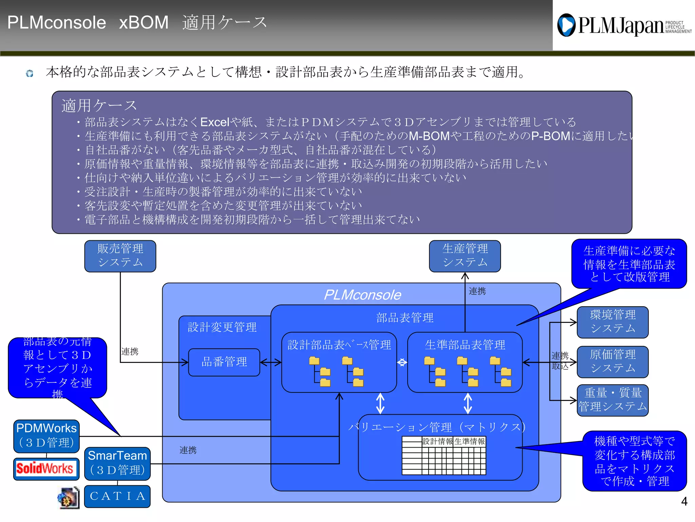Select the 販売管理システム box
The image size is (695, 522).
[x=120, y=256]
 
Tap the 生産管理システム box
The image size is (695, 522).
[x=465, y=256]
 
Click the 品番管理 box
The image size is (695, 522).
[x=224, y=362]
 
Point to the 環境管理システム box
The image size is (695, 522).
[x=613, y=322]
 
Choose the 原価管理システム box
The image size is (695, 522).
[x=613, y=362]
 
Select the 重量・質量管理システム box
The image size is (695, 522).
[x=613, y=400]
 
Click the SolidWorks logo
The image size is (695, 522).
[x=45, y=468]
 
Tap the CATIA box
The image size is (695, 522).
[x=117, y=496]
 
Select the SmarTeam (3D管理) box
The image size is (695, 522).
[x=117, y=463]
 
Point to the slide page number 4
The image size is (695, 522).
[x=684, y=501]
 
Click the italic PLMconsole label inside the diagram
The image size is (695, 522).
[x=362, y=295]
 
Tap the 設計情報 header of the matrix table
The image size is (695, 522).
[x=437, y=441]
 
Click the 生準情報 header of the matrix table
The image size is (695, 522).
[x=470, y=441]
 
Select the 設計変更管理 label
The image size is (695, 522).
[x=222, y=327]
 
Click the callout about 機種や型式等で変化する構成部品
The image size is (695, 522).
[x=634, y=461]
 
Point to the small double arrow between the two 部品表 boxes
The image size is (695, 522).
[x=402, y=362]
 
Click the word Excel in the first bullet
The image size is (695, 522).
[x=215, y=122]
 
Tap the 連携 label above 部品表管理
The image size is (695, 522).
[x=477, y=291]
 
